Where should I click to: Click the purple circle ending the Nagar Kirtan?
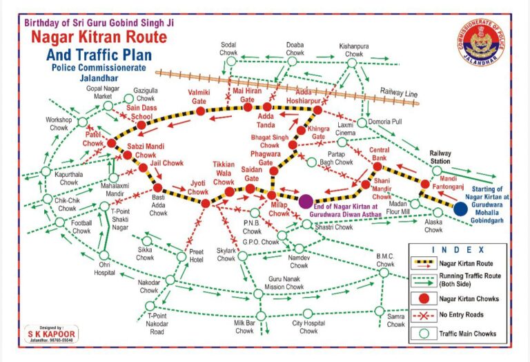click(306, 201)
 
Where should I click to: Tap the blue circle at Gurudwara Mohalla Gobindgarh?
click(460, 208)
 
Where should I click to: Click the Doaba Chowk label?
click(295, 49)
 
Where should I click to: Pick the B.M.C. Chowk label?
click(385, 260)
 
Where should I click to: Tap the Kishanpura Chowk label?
click(351, 49)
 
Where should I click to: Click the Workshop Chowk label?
click(59, 124)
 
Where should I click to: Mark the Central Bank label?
click(379, 155)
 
